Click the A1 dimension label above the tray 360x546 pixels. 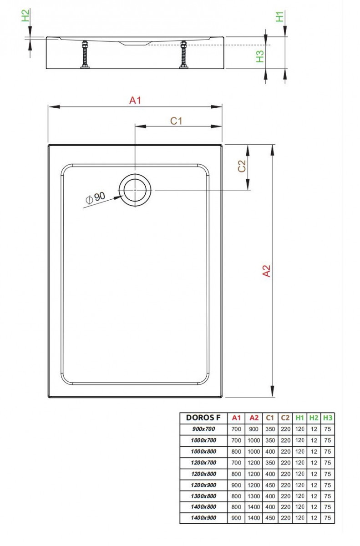pos(135,101)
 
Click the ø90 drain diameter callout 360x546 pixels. pos(96,197)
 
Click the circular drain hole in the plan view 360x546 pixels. pos(134,190)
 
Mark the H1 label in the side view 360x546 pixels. pos(279,17)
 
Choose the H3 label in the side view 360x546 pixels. pos(260,56)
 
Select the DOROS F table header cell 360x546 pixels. pos(203,418)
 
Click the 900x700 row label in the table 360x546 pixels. pos(203,429)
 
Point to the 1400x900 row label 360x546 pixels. pos(203,518)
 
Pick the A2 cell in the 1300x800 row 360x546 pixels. pos(254,495)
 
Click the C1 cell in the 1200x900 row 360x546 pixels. pos(270,485)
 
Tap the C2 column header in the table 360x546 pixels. pos(285,418)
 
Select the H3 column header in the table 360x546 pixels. pos(327,418)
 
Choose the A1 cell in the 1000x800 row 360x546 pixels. pos(236,451)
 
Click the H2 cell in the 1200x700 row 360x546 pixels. pos(314,462)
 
